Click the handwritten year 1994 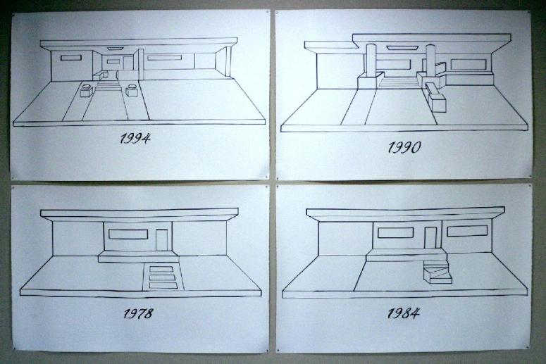135,139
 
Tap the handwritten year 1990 404,147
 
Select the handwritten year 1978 138,313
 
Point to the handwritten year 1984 404,313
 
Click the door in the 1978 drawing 161,239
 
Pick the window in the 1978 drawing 128,234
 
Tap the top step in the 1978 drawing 161,270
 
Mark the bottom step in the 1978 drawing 163,286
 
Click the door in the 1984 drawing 430,238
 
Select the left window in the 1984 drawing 395,233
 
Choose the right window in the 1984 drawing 467,230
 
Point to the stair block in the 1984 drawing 438,273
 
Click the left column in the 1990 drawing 370,59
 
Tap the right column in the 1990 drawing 430,59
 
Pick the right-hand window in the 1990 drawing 469,64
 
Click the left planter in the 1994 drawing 87,90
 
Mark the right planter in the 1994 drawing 132,89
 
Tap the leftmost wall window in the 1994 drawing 71,58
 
